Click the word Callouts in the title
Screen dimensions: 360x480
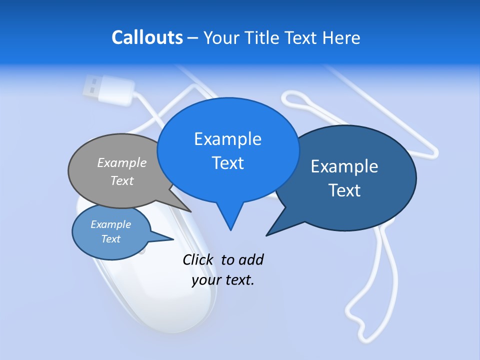147,38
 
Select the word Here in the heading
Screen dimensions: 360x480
341,38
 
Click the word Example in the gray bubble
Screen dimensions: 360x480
122,162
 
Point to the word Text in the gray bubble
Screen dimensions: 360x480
122,180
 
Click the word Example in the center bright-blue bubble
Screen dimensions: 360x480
227,139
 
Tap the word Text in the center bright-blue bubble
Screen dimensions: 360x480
227,163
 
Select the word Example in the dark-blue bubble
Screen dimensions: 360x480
344,166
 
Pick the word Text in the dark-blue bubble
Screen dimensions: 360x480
344,190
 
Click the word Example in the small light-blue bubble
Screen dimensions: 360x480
110,224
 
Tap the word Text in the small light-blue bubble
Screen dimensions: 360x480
110,239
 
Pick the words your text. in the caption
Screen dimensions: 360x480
223,280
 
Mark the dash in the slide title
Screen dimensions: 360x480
193,38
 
